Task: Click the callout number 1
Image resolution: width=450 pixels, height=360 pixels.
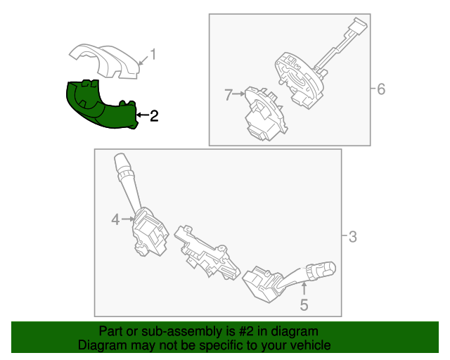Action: tap(154, 54)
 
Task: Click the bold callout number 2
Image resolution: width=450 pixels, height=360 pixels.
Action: tap(153, 115)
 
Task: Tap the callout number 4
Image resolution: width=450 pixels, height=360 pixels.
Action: tap(115, 221)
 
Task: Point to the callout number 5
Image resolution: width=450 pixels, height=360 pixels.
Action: tap(304, 305)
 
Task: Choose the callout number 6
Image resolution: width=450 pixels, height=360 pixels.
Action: tap(381, 89)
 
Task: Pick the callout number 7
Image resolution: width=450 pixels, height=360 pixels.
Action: tap(229, 95)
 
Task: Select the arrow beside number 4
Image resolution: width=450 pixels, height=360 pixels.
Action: tap(129, 220)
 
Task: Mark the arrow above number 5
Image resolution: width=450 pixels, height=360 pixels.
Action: tap(304, 288)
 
